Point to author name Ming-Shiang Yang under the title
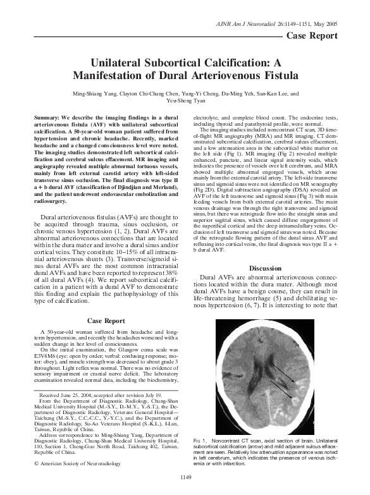pyautogui.click(x=95, y=93)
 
